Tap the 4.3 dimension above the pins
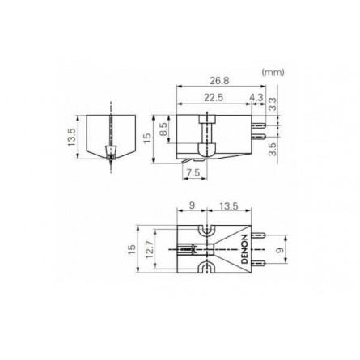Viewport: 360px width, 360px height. [x=256, y=97]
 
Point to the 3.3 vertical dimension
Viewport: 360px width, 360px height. [x=273, y=102]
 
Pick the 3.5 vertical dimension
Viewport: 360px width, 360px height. [x=273, y=148]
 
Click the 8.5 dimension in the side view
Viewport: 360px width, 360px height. [x=164, y=128]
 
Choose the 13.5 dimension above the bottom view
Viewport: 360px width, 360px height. [x=229, y=205]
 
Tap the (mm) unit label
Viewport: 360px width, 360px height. [x=271, y=72]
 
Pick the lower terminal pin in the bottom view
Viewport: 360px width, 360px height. [x=259, y=263]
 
